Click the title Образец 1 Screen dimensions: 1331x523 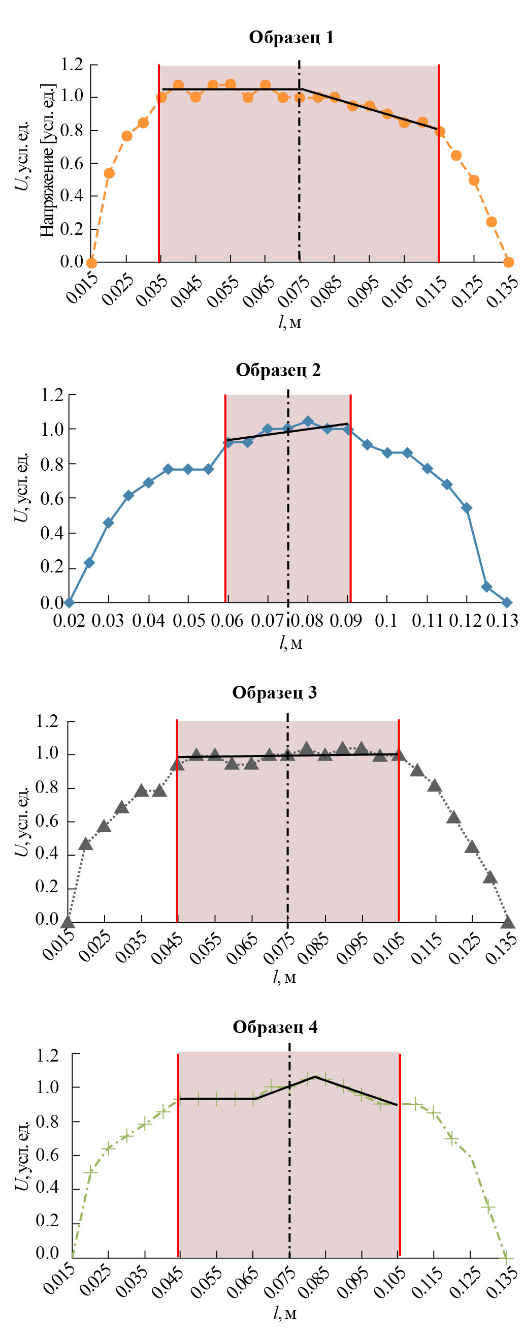pyautogui.click(x=291, y=38)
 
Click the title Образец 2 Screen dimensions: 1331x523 pyautogui.click(x=278, y=370)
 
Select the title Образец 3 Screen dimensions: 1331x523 pyautogui.click(x=274, y=692)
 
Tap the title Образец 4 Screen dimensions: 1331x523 pyautogui.click(x=275, y=1026)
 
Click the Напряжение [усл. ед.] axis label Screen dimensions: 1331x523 pyautogui.click(x=48, y=160)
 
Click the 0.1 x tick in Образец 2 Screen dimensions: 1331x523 pyautogui.click(x=386, y=620)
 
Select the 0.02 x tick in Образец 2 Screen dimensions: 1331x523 pyautogui.click(x=69, y=620)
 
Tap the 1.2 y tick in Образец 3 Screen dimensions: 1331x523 pyautogui.click(x=47, y=721)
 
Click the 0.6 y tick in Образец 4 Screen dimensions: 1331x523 pyautogui.click(x=48, y=1154)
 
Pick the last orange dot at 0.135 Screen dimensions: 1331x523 pyautogui.click(x=509, y=262)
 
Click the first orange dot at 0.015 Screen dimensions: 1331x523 pyautogui.click(x=91, y=262)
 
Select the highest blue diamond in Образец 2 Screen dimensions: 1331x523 pyautogui.click(x=308, y=421)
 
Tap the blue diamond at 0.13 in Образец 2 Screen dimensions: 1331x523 pyautogui.click(x=506, y=602)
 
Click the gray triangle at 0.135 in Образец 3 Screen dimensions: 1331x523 pyautogui.click(x=508, y=922)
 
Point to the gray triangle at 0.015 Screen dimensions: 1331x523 pyautogui.click(x=68, y=922)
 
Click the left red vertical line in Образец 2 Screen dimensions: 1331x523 pyautogui.click(x=225, y=496)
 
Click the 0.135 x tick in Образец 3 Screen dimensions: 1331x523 pyautogui.click(x=500, y=949)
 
